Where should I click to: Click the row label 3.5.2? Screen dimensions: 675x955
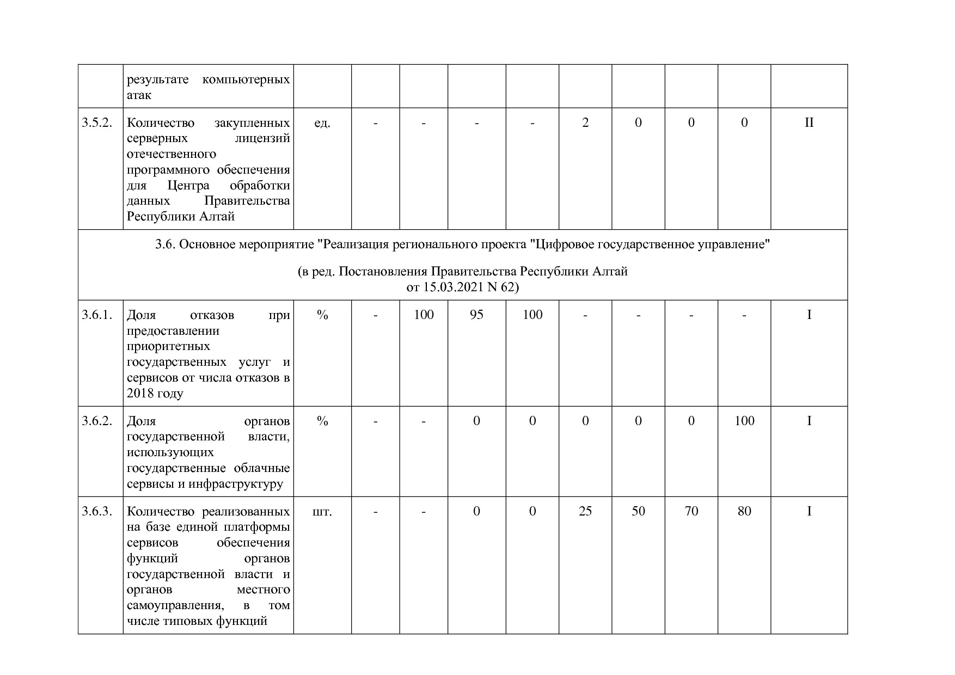coord(97,122)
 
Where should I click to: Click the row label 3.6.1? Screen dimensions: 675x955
coord(97,315)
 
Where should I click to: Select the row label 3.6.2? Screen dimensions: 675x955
coord(97,421)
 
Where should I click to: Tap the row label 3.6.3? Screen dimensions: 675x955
coord(97,511)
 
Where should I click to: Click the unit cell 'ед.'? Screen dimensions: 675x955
coord(322,122)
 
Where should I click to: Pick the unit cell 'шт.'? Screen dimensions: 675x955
coord(322,511)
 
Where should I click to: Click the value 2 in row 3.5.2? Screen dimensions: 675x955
coord(585,122)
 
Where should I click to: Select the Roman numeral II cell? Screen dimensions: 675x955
coord(809,122)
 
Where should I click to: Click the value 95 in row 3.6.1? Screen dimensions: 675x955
coord(476,315)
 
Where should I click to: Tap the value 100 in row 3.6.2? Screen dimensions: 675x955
coord(744,421)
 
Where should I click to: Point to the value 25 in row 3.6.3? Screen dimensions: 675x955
coord(585,511)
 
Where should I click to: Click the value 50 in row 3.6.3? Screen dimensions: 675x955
coord(638,511)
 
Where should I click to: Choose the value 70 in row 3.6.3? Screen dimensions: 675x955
coord(691,511)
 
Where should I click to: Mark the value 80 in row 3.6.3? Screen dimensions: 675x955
coord(744,511)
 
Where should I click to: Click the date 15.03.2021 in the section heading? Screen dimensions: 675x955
coord(451,287)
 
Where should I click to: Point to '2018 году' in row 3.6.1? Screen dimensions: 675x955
coord(155,393)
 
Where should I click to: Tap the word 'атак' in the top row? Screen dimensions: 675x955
coord(139,95)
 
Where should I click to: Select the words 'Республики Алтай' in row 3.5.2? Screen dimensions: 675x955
coord(181,216)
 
